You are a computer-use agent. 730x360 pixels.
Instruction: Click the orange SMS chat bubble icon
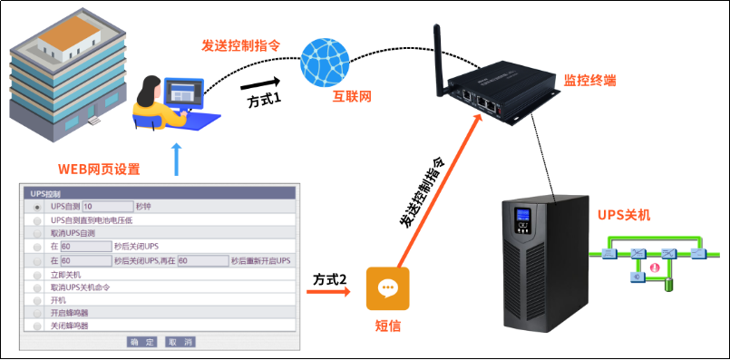tap(387, 288)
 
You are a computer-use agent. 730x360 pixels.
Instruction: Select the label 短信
tap(388, 326)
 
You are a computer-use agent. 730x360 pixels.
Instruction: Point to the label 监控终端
tap(590, 81)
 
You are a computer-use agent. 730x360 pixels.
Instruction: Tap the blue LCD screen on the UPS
tap(521, 219)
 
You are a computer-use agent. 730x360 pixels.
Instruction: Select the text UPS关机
tap(623, 215)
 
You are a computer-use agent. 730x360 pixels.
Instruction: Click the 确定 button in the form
tap(142, 342)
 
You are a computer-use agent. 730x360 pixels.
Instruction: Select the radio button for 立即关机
tap(38, 274)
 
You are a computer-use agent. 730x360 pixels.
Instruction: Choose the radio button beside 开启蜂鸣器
tap(38, 312)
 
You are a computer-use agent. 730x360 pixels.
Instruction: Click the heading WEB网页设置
tap(99, 169)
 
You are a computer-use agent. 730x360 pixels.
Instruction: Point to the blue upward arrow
tap(176, 160)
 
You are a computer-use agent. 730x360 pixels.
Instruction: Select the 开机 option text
tap(58, 299)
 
